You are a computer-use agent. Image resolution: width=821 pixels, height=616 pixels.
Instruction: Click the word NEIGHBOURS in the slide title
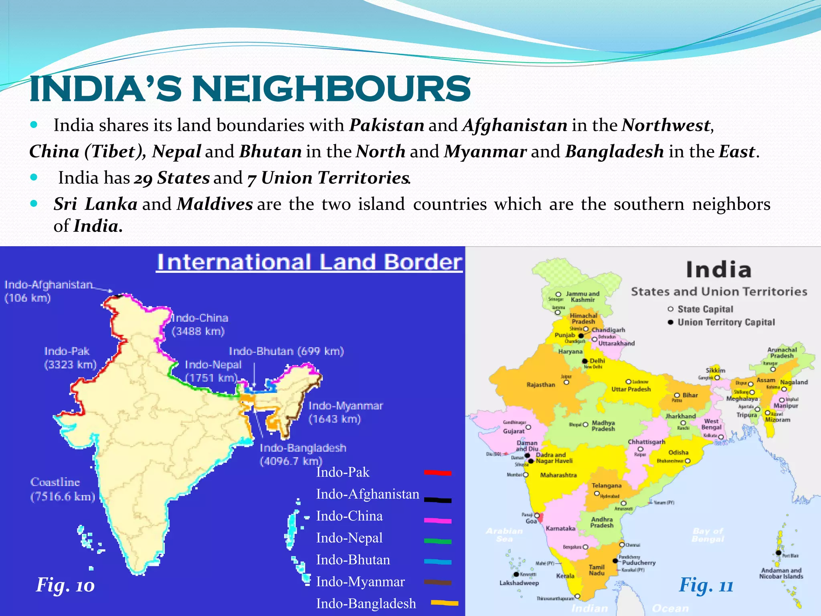[x=331, y=89]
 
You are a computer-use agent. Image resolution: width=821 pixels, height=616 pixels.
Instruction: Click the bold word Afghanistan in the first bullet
[x=515, y=125]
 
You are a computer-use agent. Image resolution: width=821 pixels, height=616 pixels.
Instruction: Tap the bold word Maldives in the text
[x=215, y=204]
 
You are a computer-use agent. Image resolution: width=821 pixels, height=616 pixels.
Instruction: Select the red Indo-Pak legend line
[x=438, y=473]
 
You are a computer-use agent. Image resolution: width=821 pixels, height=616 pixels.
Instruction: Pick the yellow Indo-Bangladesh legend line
[x=445, y=603]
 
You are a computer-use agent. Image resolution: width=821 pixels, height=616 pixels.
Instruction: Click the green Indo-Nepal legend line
[x=438, y=541]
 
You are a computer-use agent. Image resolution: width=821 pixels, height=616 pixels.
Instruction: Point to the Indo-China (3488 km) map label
[x=199, y=324]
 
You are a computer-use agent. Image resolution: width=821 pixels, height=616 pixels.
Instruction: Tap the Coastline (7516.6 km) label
[x=63, y=489]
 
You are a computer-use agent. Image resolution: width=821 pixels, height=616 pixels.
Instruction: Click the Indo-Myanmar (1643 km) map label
[x=346, y=412]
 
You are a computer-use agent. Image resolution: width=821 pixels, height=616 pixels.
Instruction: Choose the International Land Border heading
[x=309, y=262]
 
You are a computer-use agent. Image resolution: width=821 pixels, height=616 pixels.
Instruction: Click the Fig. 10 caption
[x=65, y=585]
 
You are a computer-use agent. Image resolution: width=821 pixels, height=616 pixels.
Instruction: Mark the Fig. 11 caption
[x=706, y=586]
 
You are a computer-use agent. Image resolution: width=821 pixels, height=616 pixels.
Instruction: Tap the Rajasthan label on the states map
[x=541, y=385]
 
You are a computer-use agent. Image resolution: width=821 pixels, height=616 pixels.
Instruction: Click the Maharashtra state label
[x=558, y=475]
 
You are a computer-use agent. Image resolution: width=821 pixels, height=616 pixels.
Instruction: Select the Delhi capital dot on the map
[x=585, y=361]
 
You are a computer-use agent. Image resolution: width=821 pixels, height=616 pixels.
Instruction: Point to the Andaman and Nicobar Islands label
[x=781, y=573]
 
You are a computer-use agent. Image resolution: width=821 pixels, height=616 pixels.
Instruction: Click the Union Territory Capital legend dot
[x=670, y=322]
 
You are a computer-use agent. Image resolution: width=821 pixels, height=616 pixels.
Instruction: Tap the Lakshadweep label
[x=519, y=583]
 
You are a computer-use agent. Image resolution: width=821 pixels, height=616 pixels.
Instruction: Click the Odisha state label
[x=678, y=452]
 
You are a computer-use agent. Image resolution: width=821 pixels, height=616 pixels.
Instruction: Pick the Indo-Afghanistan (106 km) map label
[x=48, y=291]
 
